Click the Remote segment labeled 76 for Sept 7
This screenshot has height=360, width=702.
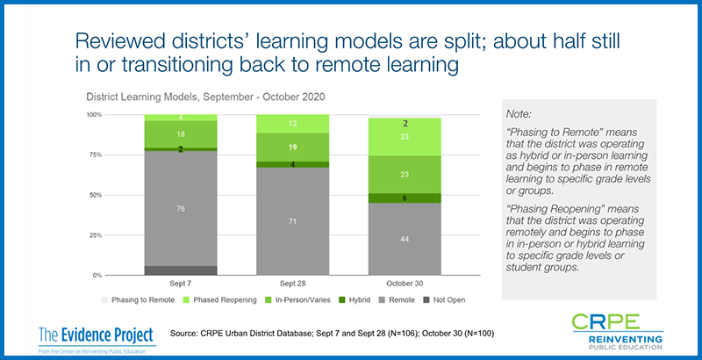(x=181, y=208)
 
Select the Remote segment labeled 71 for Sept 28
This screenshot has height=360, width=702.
(x=293, y=221)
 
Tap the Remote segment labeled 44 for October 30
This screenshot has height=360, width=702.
(x=405, y=239)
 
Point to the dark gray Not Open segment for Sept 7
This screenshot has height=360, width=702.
(x=181, y=270)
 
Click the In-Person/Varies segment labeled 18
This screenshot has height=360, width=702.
(x=181, y=134)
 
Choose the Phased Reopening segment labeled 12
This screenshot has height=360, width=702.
(x=293, y=124)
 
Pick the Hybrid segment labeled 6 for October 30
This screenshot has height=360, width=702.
(x=405, y=198)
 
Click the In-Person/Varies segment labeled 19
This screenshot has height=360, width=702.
(x=293, y=148)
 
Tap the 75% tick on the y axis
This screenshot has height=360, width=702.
(x=94, y=155)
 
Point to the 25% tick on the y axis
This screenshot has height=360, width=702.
(x=94, y=235)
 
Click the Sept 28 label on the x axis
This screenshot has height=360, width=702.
(x=293, y=284)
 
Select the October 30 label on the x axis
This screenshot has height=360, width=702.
(x=405, y=284)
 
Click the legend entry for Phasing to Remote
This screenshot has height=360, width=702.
(x=138, y=300)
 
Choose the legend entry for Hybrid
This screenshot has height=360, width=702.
(x=355, y=300)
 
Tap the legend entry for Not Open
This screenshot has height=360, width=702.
(x=445, y=300)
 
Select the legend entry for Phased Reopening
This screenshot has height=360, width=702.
(x=220, y=300)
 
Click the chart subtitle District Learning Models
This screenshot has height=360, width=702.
(x=205, y=97)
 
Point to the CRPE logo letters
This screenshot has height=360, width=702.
(x=605, y=321)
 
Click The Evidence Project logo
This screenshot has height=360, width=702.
(x=97, y=340)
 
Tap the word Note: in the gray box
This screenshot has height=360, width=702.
(x=519, y=114)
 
